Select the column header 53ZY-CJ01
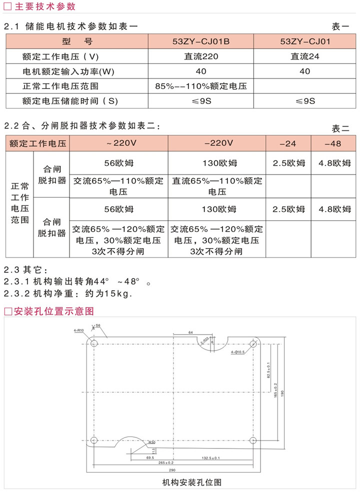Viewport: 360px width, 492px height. (304, 41)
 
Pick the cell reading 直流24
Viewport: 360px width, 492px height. (304, 56)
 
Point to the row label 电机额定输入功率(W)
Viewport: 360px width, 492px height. (68, 71)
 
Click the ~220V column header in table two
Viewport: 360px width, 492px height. (118, 143)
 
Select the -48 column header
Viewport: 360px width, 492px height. (332, 143)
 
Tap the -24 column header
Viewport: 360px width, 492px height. (288, 143)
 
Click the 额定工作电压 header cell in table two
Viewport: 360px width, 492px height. (37, 143)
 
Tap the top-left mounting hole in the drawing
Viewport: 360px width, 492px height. (93, 343)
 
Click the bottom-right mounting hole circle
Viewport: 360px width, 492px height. (253, 440)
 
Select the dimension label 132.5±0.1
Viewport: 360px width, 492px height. (210, 458)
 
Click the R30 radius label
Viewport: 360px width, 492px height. (151, 442)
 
